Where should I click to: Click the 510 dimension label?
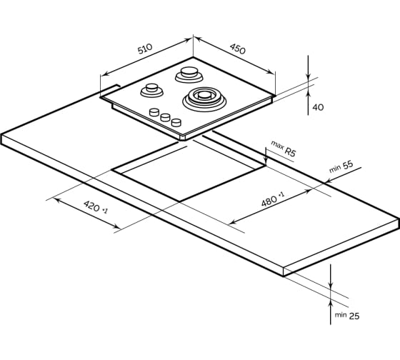pos(145,49)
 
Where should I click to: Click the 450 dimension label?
pos(237,49)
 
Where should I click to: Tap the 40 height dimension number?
pos(318,107)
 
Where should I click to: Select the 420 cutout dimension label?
pos(92,206)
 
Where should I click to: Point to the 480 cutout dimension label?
pos(269,201)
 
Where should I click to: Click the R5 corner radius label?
pos(289,152)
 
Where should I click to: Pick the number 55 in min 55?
pos(348,165)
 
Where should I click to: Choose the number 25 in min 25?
pos(354,316)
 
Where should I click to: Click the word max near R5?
pos(277,145)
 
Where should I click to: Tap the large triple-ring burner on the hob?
pos(204,99)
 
